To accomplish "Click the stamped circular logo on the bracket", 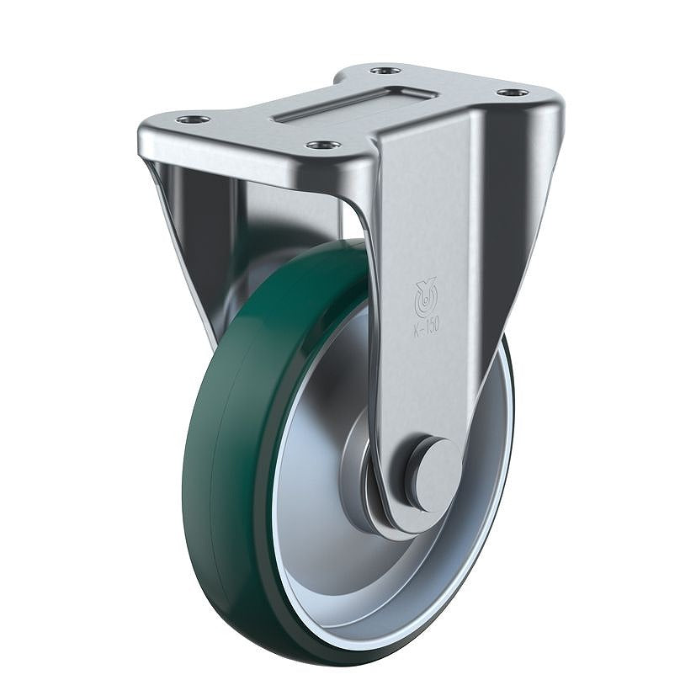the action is (425, 295).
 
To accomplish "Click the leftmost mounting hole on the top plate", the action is (193, 120).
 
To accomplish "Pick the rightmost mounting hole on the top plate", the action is (513, 93).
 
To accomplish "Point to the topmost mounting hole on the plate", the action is (386, 70).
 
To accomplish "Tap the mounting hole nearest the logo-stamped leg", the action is (323, 145).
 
